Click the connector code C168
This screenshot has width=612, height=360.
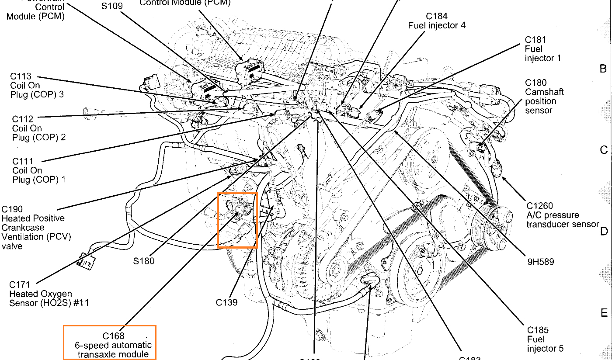114,336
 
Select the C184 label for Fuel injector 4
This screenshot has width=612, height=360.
437,17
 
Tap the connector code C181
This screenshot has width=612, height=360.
535,40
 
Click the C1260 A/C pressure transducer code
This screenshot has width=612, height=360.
539,206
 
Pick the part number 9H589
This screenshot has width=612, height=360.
540,262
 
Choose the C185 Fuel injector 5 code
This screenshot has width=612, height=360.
538,330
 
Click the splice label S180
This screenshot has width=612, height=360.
144,261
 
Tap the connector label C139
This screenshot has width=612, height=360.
226,301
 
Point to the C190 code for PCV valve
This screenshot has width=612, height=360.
12,209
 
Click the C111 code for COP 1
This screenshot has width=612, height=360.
23,161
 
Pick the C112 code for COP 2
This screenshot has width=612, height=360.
23,119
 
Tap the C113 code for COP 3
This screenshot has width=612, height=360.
21,76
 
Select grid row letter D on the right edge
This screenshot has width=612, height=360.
604,231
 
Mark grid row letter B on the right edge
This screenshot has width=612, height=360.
603,69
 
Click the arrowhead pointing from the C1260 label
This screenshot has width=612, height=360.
504,177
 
